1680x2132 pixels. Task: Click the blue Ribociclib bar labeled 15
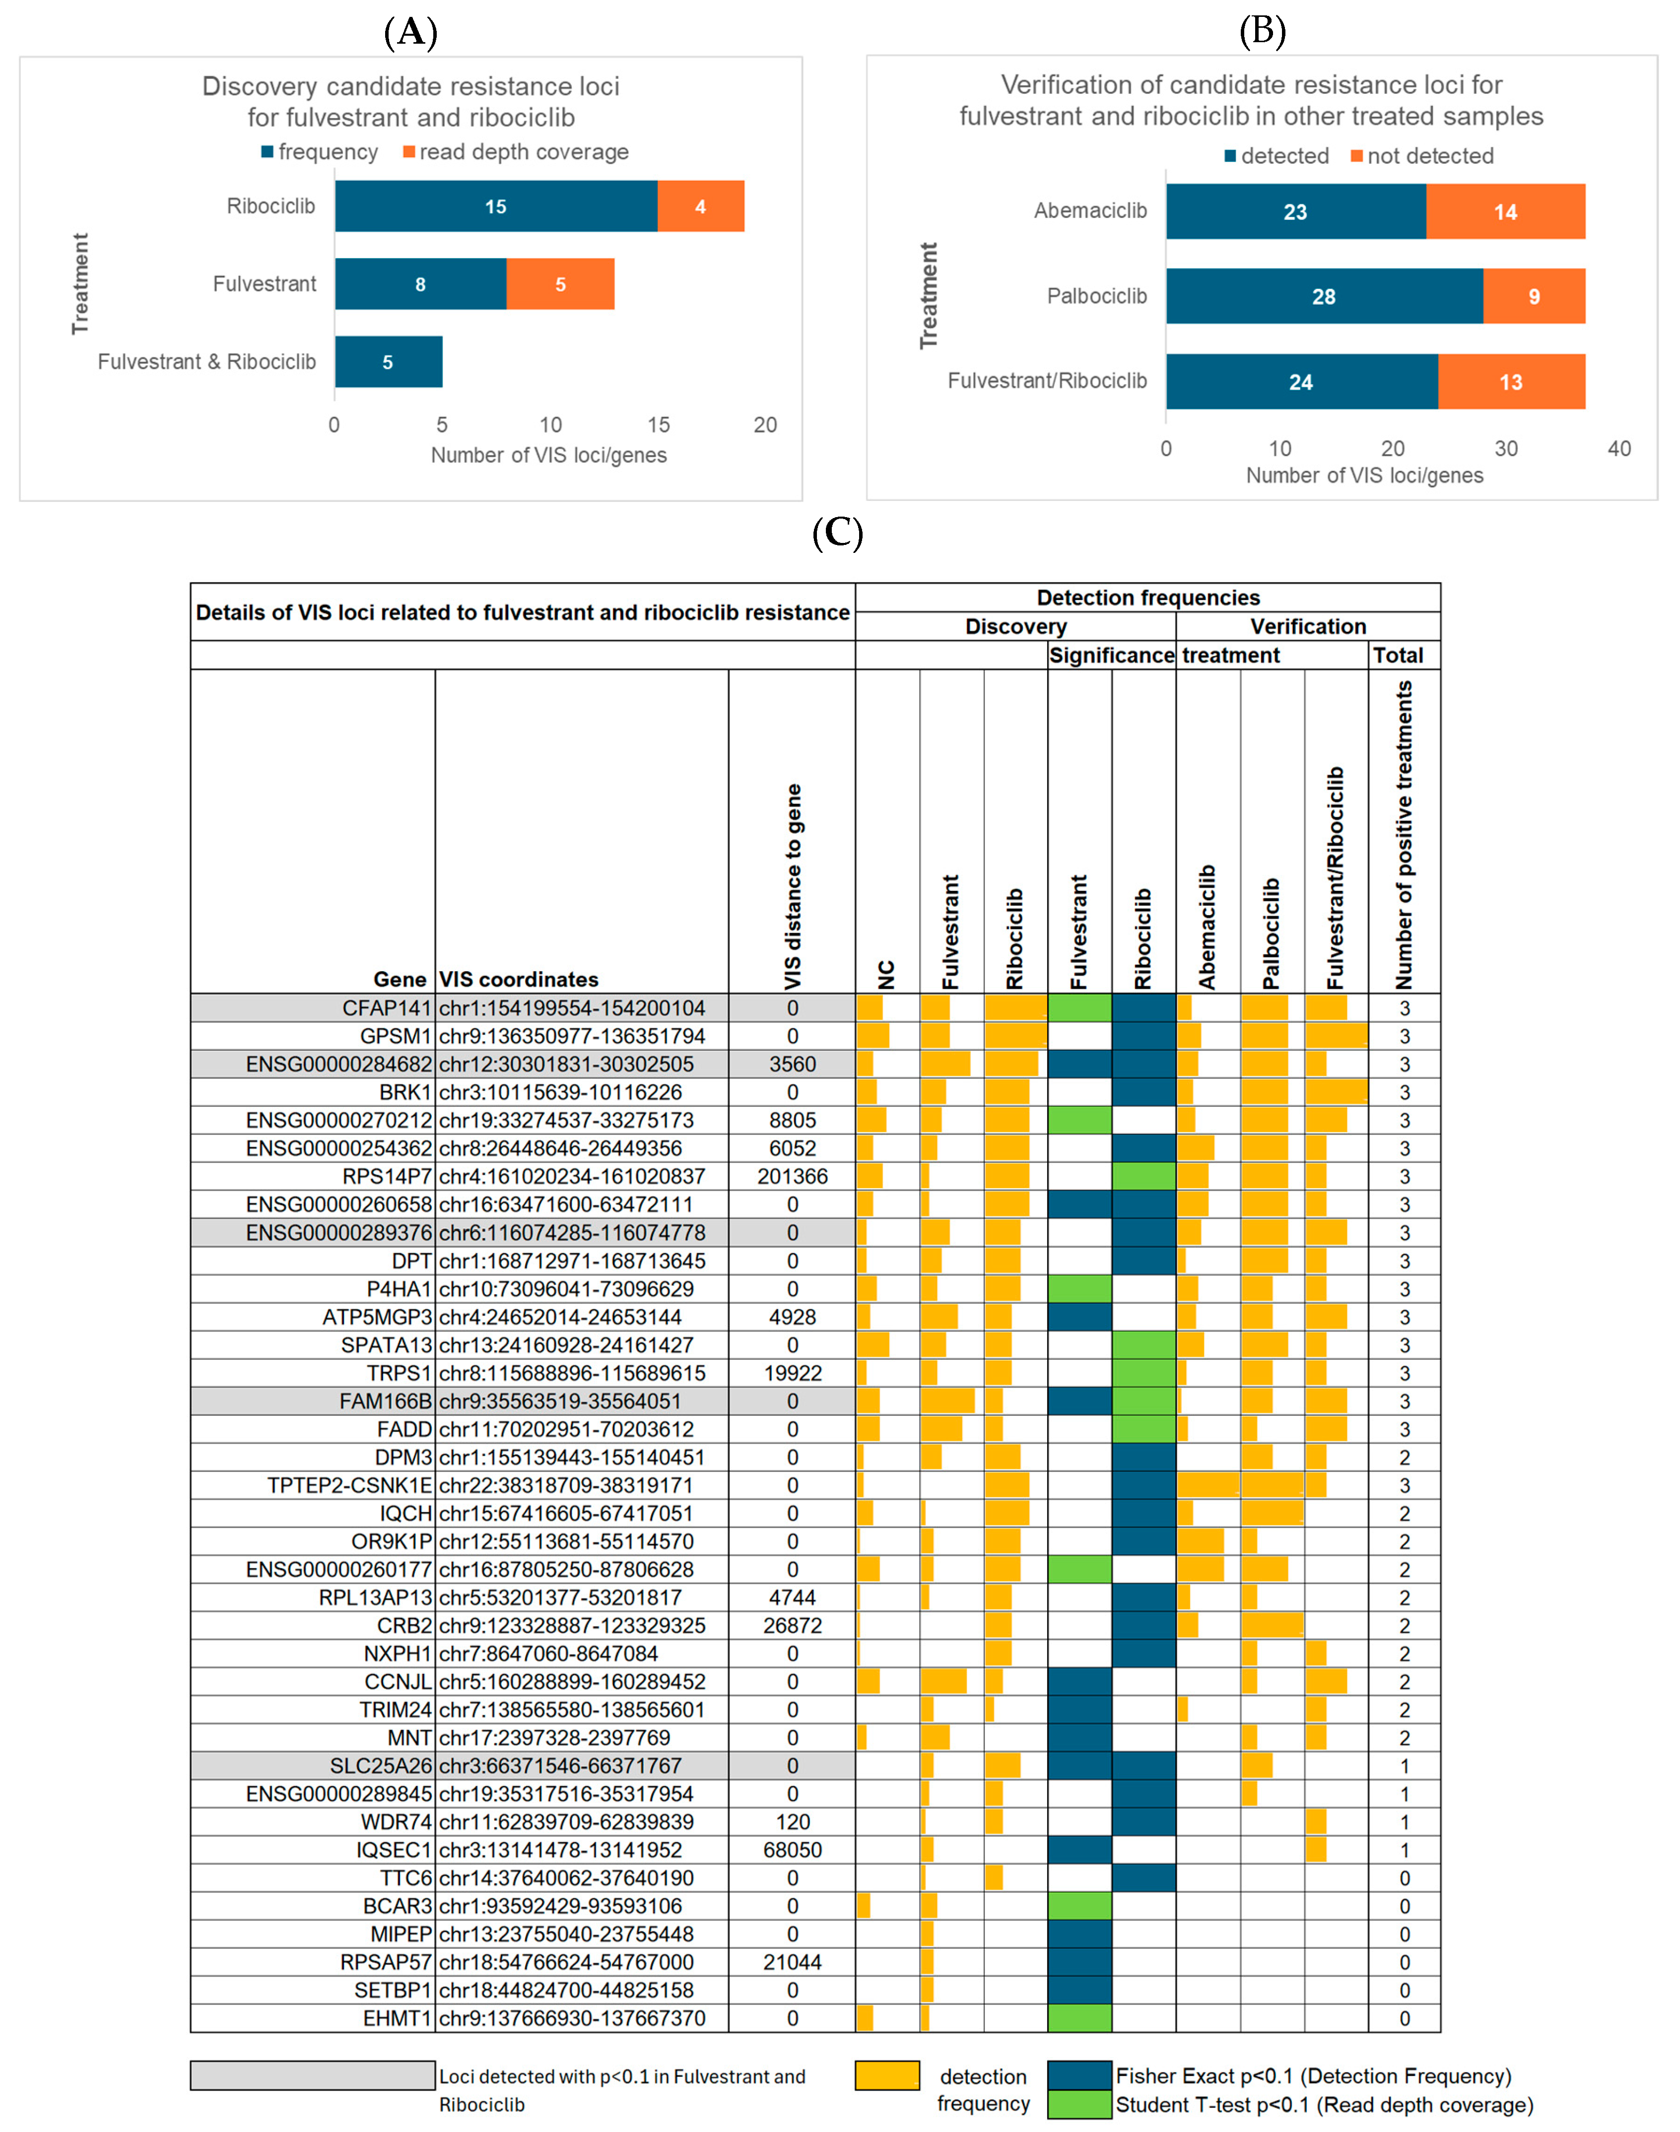pos(496,206)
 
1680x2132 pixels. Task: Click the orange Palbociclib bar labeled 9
pos(1534,296)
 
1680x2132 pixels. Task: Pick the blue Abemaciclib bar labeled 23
pos(1295,211)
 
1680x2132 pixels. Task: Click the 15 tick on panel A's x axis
pos(658,425)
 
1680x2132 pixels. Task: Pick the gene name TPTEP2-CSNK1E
pos(349,1485)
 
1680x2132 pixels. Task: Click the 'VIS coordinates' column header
pos(518,980)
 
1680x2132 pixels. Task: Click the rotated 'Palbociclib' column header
pos(1272,933)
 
